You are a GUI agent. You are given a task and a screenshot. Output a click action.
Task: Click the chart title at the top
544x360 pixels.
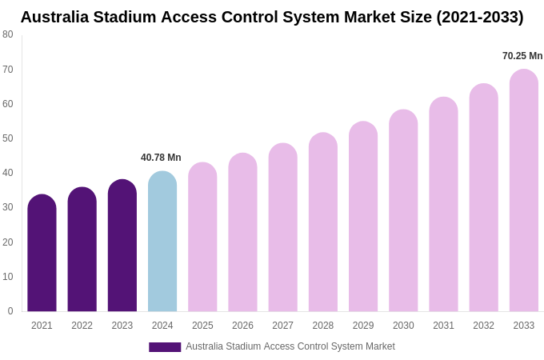(272, 17)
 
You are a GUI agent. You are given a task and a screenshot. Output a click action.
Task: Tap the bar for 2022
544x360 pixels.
(82, 250)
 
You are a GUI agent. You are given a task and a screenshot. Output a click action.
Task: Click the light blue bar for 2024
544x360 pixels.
(162, 242)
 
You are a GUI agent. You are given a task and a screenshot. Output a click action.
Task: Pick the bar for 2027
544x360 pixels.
(282, 228)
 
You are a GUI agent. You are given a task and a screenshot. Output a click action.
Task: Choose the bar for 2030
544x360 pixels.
(403, 211)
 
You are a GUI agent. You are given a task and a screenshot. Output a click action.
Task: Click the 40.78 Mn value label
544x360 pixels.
(161, 158)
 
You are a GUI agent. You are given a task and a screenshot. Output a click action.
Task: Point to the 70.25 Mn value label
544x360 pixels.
(522, 56)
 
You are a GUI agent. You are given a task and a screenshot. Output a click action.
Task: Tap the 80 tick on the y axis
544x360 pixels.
(8, 34)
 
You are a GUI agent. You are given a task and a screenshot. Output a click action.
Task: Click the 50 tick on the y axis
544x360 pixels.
(8, 138)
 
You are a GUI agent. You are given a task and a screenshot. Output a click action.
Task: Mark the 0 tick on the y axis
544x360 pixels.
(10, 311)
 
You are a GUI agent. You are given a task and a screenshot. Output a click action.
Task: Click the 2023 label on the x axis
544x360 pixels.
(122, 326)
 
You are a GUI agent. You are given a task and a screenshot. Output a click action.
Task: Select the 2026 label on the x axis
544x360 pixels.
(242, 326)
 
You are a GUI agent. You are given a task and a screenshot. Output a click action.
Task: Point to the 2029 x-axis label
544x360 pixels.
(363, 326)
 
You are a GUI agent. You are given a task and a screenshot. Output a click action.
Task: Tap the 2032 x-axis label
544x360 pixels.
(483, 326)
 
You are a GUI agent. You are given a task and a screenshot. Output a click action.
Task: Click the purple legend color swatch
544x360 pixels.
(165, 347)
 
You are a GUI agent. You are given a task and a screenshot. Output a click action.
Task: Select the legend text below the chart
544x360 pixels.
(290, 346)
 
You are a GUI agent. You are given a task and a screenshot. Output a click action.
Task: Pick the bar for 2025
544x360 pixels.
(202, 238)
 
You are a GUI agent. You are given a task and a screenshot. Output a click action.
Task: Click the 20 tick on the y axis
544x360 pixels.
(8, 242)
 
